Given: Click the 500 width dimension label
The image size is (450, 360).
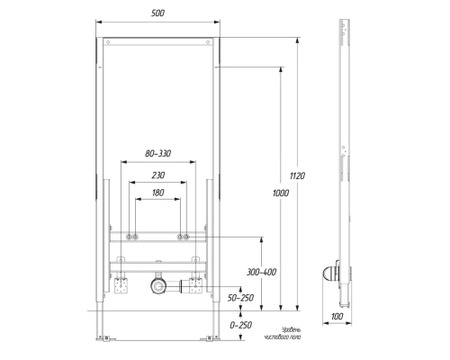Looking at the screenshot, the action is [x=157, y=13].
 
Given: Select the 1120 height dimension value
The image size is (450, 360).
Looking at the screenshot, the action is [x=297, y=175].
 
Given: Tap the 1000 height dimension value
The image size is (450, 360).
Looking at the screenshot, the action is [x=281, y=193].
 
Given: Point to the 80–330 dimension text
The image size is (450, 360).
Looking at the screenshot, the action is [x=158, y=154].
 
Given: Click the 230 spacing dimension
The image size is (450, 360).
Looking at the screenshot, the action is [x=158, y=175].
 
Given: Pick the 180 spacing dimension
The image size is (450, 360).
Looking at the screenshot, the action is [x=157, y=193].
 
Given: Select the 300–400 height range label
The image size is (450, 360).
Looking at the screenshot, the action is [x=261, y=272].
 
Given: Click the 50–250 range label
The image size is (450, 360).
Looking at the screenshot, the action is [x=240, y=298].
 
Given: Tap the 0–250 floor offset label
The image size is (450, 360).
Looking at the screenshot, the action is [x=241, y=325].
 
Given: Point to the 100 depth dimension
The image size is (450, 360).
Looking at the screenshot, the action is [x=337, y=317].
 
